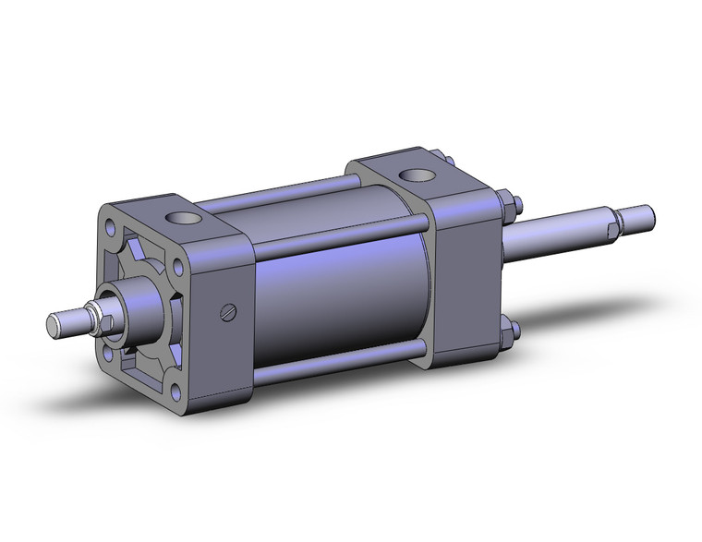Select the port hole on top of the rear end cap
point(407,175)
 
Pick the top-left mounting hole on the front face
point(112,225)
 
